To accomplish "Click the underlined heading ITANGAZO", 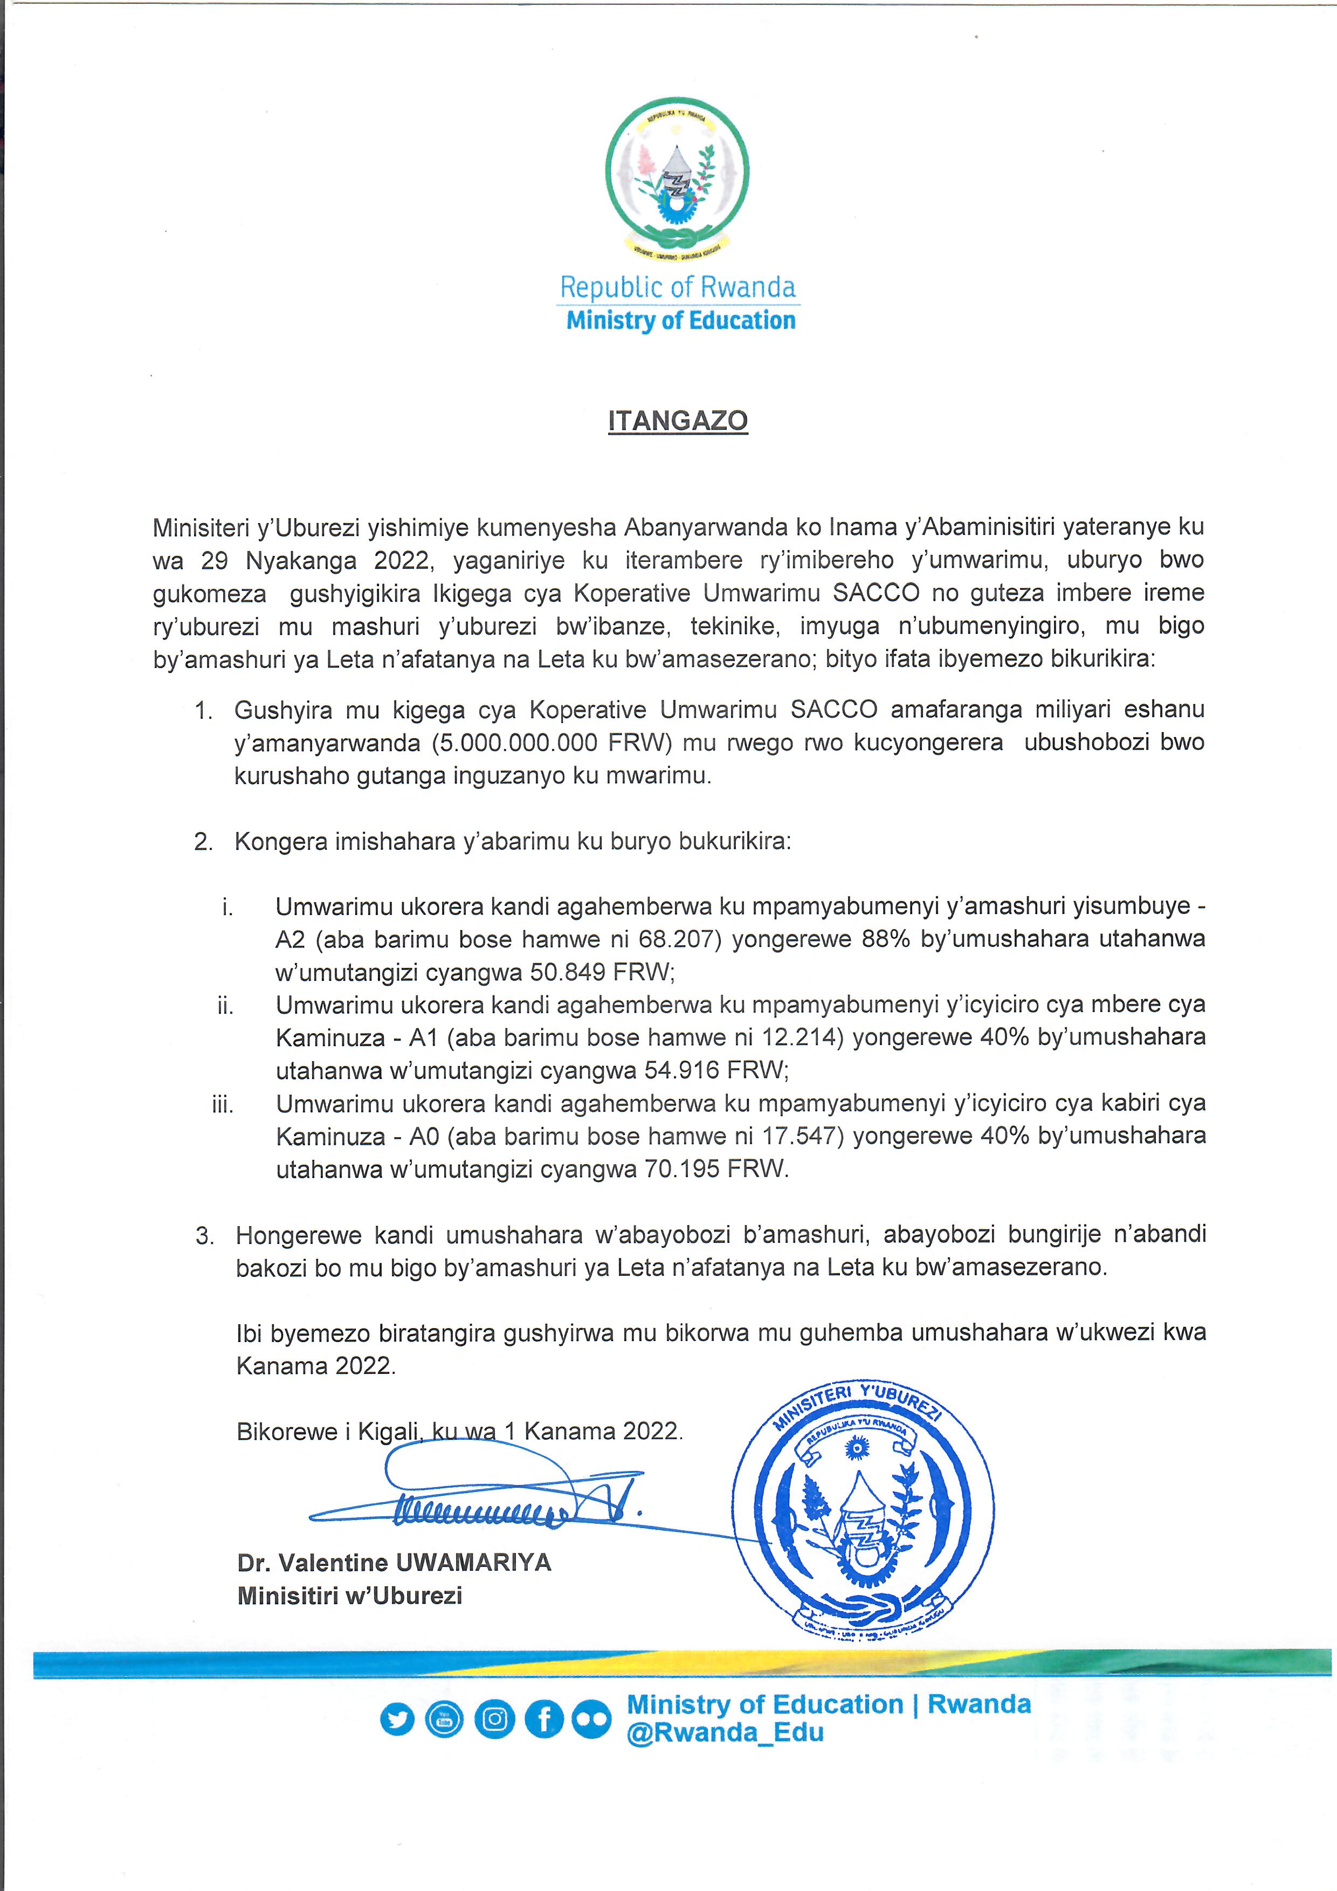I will pyautogui.click(x=678, y=421).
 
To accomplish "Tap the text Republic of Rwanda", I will pyautogui.click(x=678, y=287).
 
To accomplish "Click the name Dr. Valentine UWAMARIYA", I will pyautogui.click(x=394, y=1563).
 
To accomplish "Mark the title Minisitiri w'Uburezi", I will pyautogui.click(x=350, y=1596).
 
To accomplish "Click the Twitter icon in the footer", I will pyautogui.click(x=398, y=1720).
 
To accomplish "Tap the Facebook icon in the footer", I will pyautogui.click(x=544, y=1720).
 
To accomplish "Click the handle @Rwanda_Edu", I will pyautogui.click(x=725, y=1733).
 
